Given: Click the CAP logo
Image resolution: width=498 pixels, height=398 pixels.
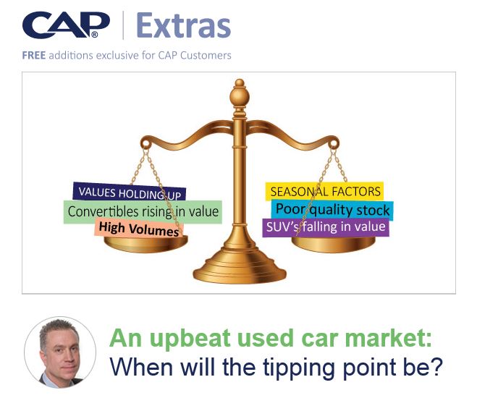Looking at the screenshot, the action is pos(66,25).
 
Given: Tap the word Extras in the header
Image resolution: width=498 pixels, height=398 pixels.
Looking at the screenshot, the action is pos(184,26).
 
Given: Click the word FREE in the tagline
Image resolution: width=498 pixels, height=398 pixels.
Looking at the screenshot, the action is pos(34,56).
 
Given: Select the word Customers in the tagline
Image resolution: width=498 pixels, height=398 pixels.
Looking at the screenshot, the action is pos(206,55).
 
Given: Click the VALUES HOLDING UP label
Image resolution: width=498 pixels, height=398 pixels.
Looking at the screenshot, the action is pos(130,192).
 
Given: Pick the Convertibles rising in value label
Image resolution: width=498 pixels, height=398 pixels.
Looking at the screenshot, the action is pos(143,212).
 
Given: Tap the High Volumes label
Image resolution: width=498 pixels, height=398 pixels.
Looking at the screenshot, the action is pos(139,229).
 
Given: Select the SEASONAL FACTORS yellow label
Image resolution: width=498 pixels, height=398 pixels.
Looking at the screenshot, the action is pos(324,192).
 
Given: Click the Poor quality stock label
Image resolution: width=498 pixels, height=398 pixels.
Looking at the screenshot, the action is pos(332,211).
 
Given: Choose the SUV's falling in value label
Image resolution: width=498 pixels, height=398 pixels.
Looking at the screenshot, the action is pos(326,227).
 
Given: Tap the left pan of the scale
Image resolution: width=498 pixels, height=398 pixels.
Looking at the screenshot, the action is pos(145,244).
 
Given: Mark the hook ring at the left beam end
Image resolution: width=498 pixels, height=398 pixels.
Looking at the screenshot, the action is pos(145,145).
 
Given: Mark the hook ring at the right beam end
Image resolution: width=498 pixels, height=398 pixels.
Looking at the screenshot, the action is pos(334,145).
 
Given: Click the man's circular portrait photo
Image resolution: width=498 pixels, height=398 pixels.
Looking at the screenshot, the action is pos(60,352).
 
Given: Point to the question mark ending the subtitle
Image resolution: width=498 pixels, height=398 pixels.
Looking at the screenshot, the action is pos(436,366).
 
